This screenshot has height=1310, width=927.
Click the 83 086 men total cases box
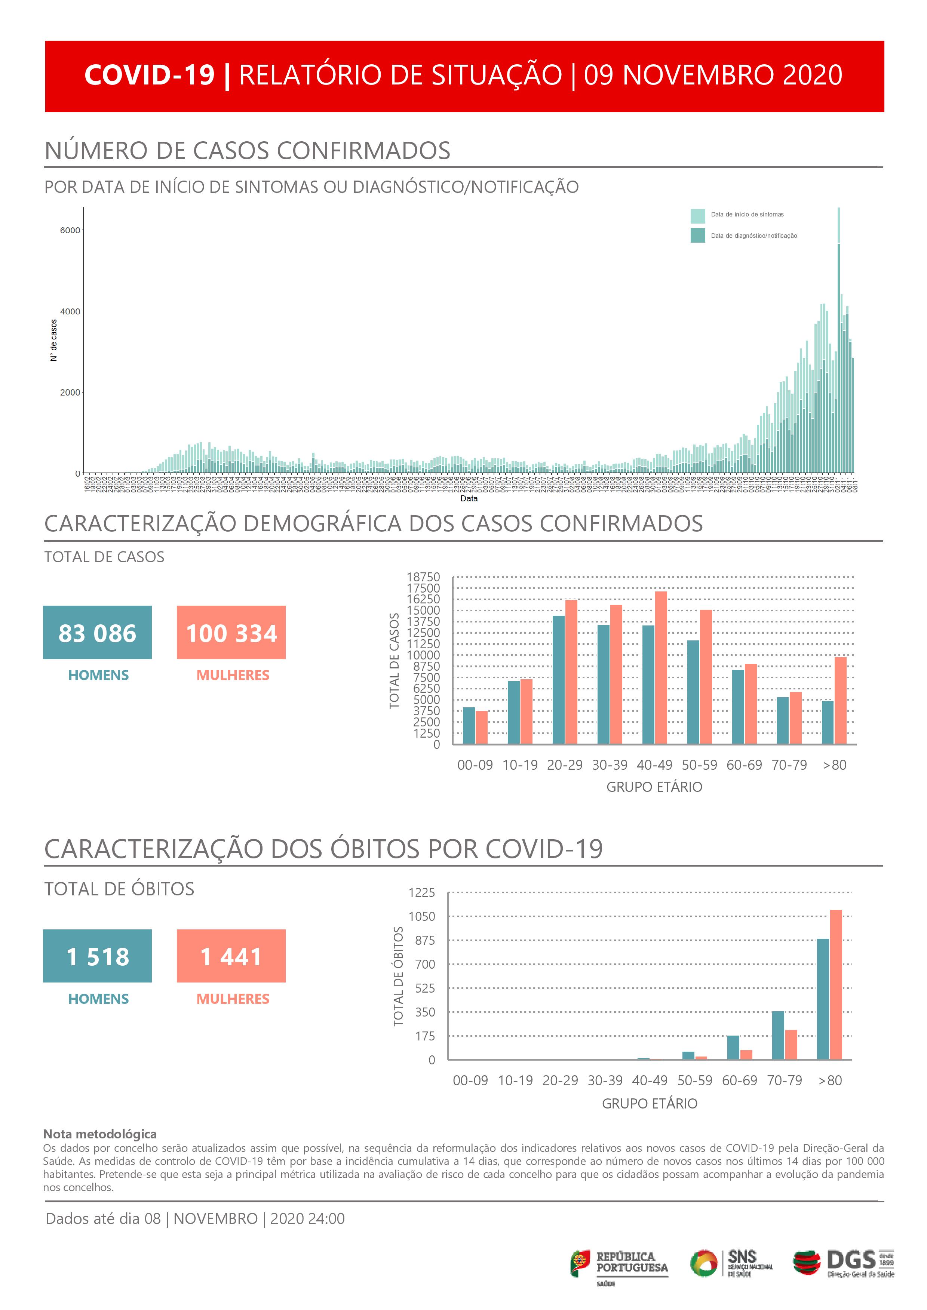coord(97,632)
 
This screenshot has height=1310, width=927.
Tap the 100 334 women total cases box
coord(231,632)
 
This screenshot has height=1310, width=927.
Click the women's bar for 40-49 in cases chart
coord(661,668)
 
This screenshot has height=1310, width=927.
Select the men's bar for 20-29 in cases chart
coord(558,680)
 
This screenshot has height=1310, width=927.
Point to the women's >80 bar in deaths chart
coord(836,984)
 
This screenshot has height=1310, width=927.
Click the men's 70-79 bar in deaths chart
coord(778,1036)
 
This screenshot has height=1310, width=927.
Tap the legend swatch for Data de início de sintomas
coord(697,216)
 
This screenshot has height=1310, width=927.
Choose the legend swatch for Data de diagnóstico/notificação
coord(697,235)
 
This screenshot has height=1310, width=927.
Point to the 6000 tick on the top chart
coord(70,231)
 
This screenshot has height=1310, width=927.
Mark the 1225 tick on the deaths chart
coord(422,892)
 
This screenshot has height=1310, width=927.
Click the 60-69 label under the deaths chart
coord(739,1080)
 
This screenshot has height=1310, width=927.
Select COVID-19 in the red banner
coord(150,75)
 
